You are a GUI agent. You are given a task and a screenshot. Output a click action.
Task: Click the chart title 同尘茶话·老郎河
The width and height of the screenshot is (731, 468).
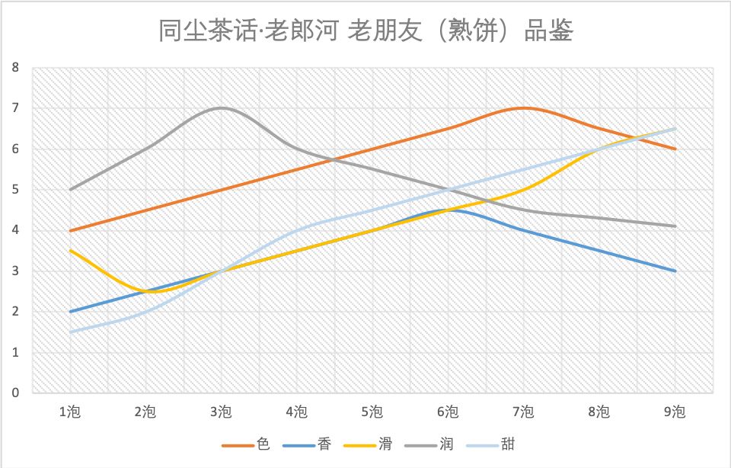click(x=365, y=32)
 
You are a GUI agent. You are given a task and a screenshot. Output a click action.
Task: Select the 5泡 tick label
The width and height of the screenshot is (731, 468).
click(x=372, y=412)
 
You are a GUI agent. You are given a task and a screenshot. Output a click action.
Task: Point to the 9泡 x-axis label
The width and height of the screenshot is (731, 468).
click(x=675, y=412)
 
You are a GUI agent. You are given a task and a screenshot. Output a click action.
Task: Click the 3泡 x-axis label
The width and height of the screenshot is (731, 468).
click(x=221, y=412)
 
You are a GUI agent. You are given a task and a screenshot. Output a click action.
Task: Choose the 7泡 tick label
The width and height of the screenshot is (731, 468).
click(x=523, y=412)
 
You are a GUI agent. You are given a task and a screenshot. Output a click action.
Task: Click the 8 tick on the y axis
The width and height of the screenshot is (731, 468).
click(x=15, y=67)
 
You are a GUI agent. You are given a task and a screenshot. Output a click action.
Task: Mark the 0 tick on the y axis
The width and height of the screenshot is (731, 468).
click(x=15, y=393)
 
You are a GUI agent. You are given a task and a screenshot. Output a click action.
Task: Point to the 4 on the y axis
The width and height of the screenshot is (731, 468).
click(x=15, y=230)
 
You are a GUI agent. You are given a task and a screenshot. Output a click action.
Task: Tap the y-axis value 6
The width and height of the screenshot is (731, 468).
click(x=15, y=149)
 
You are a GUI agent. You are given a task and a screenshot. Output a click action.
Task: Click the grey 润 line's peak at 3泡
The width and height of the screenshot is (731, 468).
click(x=221, y=108)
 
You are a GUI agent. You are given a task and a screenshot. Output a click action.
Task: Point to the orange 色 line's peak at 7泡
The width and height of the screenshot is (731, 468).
click(x=523, y=108)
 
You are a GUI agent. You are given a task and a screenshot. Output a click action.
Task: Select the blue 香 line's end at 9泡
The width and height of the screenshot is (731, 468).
click(x=675, y=271)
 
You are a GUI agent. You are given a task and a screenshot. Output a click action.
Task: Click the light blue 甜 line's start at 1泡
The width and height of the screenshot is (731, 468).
click(x=70, y=332)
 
